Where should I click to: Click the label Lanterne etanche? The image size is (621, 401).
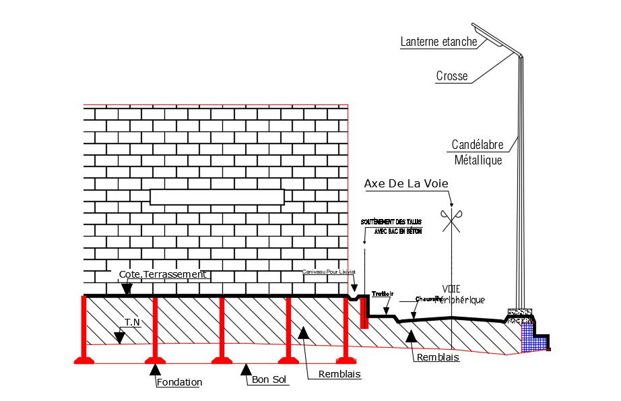(x=438, y=42)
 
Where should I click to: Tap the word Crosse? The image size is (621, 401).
(x=451, y=76)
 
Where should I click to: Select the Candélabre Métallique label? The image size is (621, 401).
(x=477, y=152)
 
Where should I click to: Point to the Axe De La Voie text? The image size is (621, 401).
(x=405, y=183)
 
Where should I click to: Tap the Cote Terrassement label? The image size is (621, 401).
(x=162, y=274)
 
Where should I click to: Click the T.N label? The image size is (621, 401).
(x=132, y=323)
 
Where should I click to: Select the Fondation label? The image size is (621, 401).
(x=179, y=382)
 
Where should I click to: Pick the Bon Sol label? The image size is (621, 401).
(x=269, y=380)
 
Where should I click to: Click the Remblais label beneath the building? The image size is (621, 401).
(x=339, y=374)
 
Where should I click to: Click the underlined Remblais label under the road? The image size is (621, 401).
(x=438, y=358)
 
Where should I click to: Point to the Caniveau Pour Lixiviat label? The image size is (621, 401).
(x=329, y=272)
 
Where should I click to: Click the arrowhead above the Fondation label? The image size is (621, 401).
(x=156, y=369)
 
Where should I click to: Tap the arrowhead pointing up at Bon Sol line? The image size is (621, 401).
(x=247, y=368)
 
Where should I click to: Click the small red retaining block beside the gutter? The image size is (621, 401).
(x=364, y=313)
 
